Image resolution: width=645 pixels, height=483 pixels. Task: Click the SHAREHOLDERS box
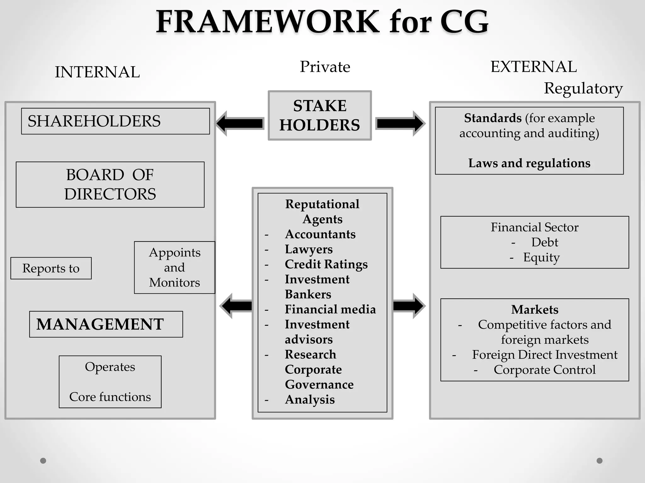pyautogui.click(x=115, y=121)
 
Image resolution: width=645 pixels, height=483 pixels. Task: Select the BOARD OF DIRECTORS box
pyautogui.click(x=110, y=185)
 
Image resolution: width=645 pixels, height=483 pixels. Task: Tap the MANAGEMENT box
pyautogui.click(x=106, y=324)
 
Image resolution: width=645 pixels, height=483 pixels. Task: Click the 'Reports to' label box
pyautogui.click(x=51, y=268)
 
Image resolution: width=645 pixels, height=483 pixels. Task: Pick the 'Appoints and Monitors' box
pyautogui.click(x=174, y=268)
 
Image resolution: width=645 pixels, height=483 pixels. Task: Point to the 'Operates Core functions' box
pyautogui.click(x=110, y=382)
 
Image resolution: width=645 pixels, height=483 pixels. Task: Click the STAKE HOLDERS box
pyautogui.click(x=320, y=116)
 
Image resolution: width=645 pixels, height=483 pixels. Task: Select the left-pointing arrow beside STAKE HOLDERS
pyautogui.click(x=240, y=123)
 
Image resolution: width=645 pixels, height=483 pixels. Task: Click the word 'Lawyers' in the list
pyautogui.click(x=309, y=249)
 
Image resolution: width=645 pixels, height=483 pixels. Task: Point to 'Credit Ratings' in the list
pyautogui.click(x=326, y=264)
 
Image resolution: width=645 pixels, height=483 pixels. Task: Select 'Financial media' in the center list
pyautogui.click(x=330, y=309)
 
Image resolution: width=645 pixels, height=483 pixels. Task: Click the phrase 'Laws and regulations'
pyautogui.click(x=529, y=163)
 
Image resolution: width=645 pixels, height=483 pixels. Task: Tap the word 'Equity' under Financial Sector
pyautogui.click(x=541, y=258)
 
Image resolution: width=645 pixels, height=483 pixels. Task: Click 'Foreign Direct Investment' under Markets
pyautogui.click(x=545, y=355)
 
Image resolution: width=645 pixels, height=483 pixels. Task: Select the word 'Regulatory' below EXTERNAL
pyautogui.click(x=583, y=88)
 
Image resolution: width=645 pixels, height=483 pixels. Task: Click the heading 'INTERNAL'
pyautogui.click(x=97, y=72)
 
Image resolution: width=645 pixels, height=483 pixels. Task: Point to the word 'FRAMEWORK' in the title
pyautogui.click(x=268, y=22)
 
